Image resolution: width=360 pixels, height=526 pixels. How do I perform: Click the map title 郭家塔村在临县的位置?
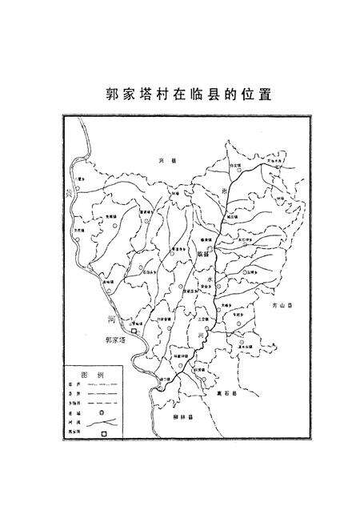pyautogui.click(x=179, y=94)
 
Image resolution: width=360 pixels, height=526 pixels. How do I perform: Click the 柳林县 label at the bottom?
pyautogui.click(x=185, y=417)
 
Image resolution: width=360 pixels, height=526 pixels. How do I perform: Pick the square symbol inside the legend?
pyautogui.click(x=102, y=434)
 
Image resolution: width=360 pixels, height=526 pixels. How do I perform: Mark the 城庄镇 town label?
pyautogui.click(x=232, y=217)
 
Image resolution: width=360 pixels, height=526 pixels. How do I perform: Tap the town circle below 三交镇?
pyautogui.click(x=202, y=328)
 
